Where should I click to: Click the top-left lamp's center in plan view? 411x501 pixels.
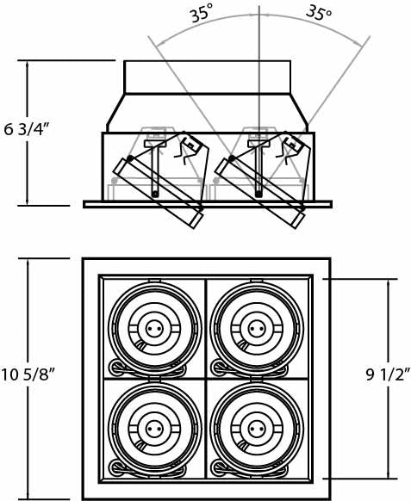tap(155, 328)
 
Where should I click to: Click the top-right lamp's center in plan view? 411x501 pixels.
tap(255, 328)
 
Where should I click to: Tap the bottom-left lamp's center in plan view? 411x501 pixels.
tap(155, 427)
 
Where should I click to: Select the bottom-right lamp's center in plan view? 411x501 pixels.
tap(255, 427)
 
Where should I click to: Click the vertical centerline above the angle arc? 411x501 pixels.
tap(258, 10)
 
